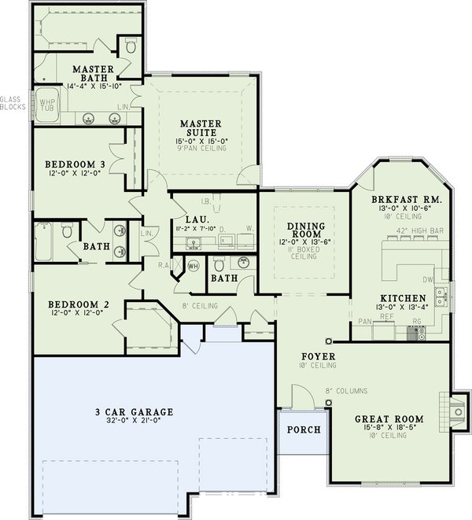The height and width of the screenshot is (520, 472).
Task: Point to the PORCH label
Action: [303, 430]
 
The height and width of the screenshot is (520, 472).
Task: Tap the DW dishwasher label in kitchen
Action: [428, 279]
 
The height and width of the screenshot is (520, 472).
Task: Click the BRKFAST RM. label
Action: [406, 200]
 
